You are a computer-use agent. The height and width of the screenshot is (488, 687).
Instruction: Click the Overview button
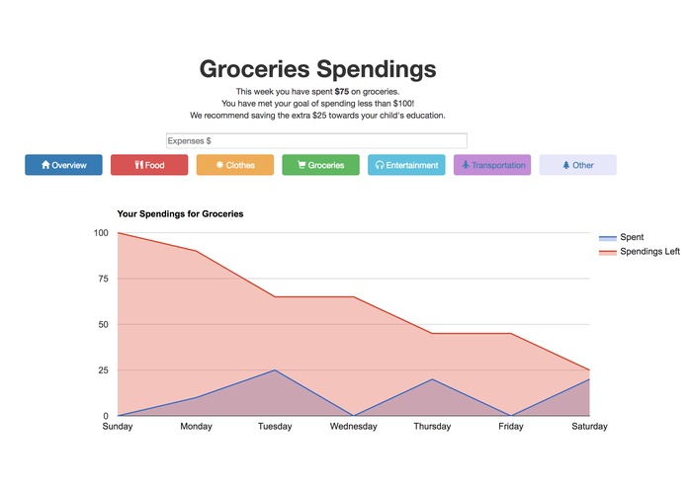(63, 165)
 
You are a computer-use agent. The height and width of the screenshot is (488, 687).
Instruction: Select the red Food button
(149, 165)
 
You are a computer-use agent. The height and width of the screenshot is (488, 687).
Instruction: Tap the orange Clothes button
(235, 165)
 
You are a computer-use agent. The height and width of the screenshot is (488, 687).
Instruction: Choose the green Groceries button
(320, 165)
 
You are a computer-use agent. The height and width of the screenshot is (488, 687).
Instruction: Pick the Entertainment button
(406, 165)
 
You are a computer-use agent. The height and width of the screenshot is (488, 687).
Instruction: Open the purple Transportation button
(492, 165)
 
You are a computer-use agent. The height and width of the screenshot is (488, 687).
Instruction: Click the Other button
(577, 165)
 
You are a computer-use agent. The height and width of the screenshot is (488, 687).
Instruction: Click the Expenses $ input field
(316, 141)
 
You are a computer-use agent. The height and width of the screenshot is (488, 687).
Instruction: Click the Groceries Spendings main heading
(317, 69)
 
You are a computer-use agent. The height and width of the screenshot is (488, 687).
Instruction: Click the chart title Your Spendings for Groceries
(180, 213)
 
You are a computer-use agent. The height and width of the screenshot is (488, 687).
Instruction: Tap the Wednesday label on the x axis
(353, 427)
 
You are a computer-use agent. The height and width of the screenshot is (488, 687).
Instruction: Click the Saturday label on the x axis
(589, 427)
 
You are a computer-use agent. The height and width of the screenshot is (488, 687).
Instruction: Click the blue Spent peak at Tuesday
(275, 370)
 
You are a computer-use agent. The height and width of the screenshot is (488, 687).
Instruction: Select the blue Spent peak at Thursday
(432, 379)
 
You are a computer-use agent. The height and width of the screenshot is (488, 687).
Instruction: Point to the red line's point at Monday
(196, 251)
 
